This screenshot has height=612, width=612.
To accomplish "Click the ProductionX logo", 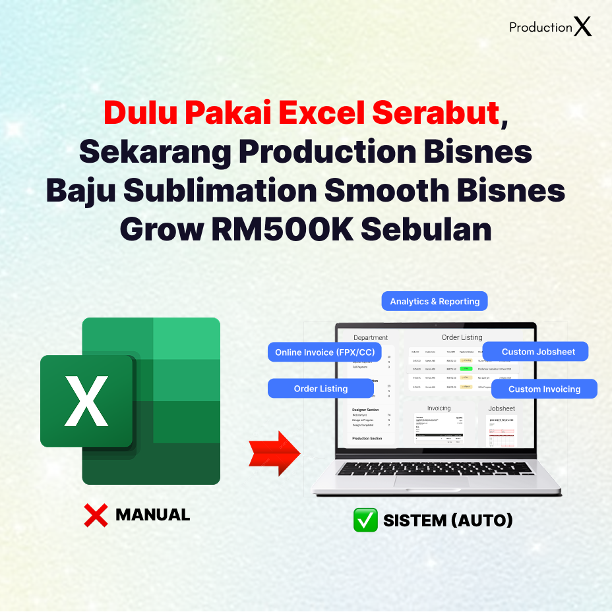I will [551, 27].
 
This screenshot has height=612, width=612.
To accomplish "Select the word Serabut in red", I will [435, 113].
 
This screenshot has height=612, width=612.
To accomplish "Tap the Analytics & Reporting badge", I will [435, 301].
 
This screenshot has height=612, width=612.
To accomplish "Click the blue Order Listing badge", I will [321, 389].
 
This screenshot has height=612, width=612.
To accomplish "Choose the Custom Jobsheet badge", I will [538, 352].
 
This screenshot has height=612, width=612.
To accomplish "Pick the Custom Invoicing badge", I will [544, 389].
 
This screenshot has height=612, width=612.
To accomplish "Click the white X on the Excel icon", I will [86, 401].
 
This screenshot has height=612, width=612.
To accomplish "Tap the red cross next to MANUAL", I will [96, 515].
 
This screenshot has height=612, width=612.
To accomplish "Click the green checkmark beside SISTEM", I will [365, 520].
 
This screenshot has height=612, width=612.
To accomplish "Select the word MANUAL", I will [152, 515].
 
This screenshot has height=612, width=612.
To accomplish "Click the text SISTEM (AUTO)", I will [448, 520].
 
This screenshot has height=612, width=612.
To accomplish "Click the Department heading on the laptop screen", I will [371, 337].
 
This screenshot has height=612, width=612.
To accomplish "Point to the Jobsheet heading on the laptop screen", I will [501, 408].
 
